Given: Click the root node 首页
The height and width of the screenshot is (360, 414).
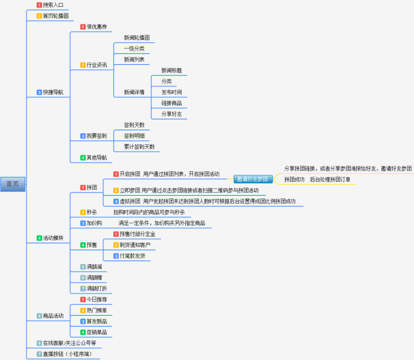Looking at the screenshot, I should pyautogui.click(x=13, y=184).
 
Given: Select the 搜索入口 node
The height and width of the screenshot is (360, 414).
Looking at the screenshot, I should pyautogui.click(x=53, y=5).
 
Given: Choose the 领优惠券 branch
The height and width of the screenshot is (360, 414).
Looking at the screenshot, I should pyautogui.click(x=96, y=27).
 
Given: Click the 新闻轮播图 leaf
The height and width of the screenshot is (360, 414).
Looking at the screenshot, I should pyautogui.click(x=137, y=38).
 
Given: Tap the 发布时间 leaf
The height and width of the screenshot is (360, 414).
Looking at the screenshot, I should pyautogui.click(x=172, y=92).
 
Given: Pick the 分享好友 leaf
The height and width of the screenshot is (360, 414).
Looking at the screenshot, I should pyautogui.click(x=172, y=114).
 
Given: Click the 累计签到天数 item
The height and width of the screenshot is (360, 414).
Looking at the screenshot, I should pyautogui.click(x=140, y=147).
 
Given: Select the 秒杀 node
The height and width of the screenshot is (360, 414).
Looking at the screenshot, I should pyautogui.click(x=92, y=212).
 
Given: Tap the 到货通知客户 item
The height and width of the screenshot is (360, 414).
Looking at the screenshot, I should pyautogui.click(x=135, y=245).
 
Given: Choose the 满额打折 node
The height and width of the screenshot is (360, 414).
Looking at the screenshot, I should pyautogui.click(x=97, y=289).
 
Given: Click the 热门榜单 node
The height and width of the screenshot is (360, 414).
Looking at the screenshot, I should pyautogui.click(x=97, y=310).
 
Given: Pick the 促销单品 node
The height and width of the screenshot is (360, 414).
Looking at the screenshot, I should pyautogui.click(x=97, y=332).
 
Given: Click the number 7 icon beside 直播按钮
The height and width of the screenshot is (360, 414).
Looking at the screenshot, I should pyautogui.click(x=40, y=354).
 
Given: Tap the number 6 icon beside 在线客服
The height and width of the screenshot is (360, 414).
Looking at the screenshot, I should pyautogui.click(x=40, y=343).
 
